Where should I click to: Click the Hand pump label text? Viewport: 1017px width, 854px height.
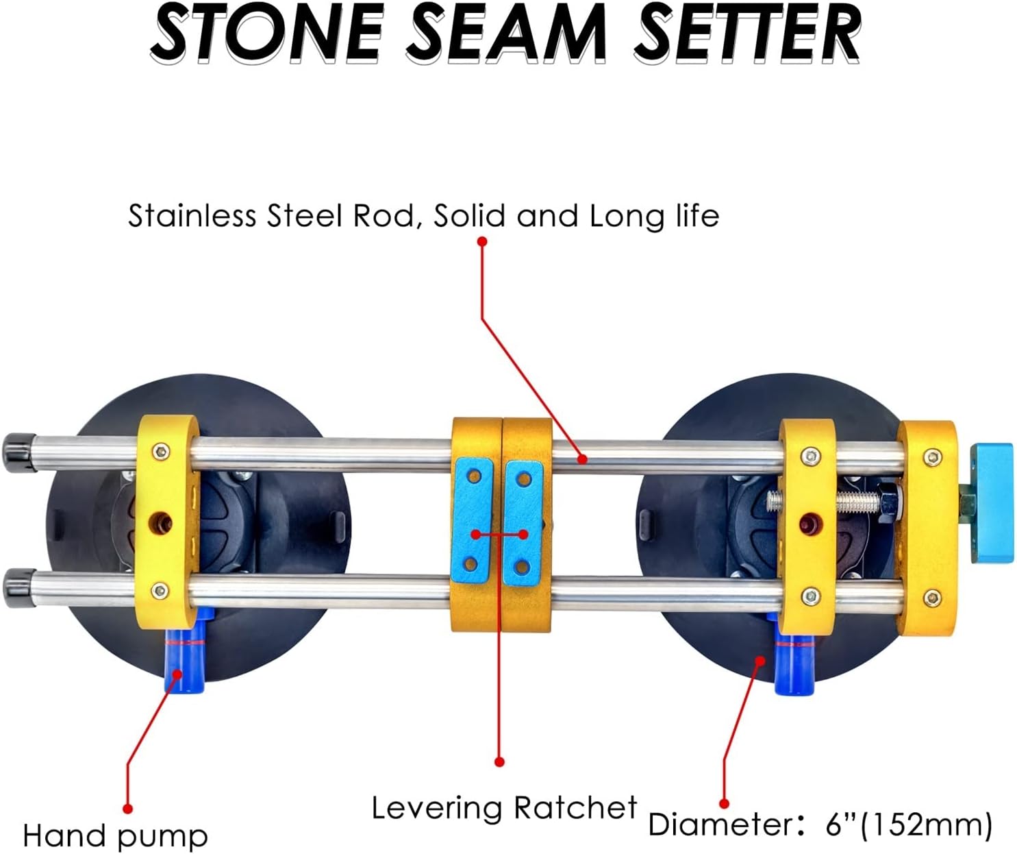click(115, 836)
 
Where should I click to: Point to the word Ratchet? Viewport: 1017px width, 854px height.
click(575, 808)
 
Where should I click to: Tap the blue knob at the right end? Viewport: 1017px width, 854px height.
click(991, 503)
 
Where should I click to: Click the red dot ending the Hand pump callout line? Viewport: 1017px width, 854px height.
click(127, 809)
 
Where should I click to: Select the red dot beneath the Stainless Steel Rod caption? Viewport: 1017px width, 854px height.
click(482, 241)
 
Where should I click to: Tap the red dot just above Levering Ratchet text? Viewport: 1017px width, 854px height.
click(499, 761)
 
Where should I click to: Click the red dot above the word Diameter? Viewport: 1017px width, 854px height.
click(725, 803)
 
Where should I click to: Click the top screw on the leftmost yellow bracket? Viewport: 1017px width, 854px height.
click(161, 450)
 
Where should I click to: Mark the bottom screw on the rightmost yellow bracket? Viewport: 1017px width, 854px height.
click(931, 598)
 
